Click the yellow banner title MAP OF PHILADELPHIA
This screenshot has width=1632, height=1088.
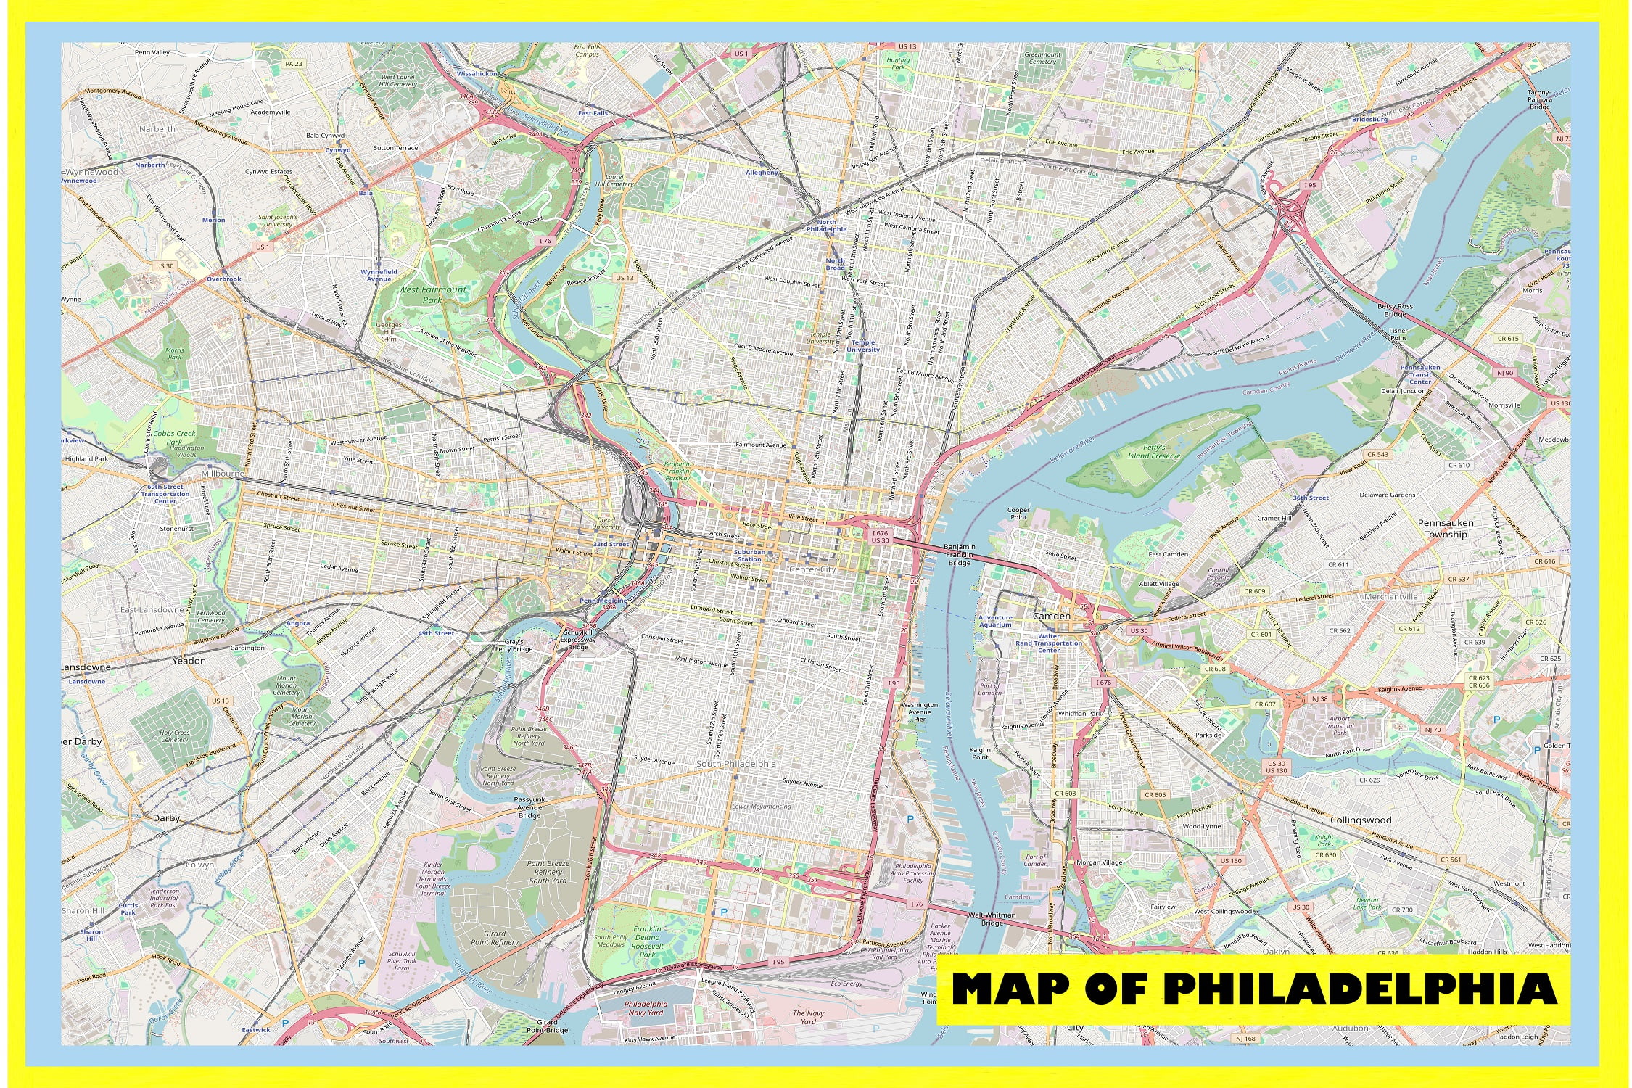(1253, 989)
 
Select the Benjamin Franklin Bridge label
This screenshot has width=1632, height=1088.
(959, 555)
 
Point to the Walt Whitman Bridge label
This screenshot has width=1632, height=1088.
(992, 919)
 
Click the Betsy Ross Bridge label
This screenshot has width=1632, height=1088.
(1395, 310)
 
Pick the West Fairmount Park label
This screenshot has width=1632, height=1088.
(432, 294)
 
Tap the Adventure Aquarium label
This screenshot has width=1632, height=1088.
(995, 621)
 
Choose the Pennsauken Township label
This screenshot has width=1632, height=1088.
(1446, 528)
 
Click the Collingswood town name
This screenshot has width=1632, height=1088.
(1361, 820)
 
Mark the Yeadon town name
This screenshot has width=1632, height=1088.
(189, 662)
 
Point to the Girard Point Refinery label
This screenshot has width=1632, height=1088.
(495, 938)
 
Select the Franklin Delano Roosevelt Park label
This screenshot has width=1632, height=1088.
(647, 941)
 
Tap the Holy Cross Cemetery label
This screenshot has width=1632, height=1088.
(174, 736)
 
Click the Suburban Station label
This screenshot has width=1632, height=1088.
(749, 556)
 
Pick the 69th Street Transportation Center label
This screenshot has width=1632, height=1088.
(165, 494)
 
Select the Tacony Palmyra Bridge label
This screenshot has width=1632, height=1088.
(1539, 99)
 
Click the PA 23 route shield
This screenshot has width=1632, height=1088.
(294, 64)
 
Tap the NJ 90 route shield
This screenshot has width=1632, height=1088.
(1505, 373)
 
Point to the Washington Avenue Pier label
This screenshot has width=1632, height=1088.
(919, 712)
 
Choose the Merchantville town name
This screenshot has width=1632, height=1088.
(1390, 597)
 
